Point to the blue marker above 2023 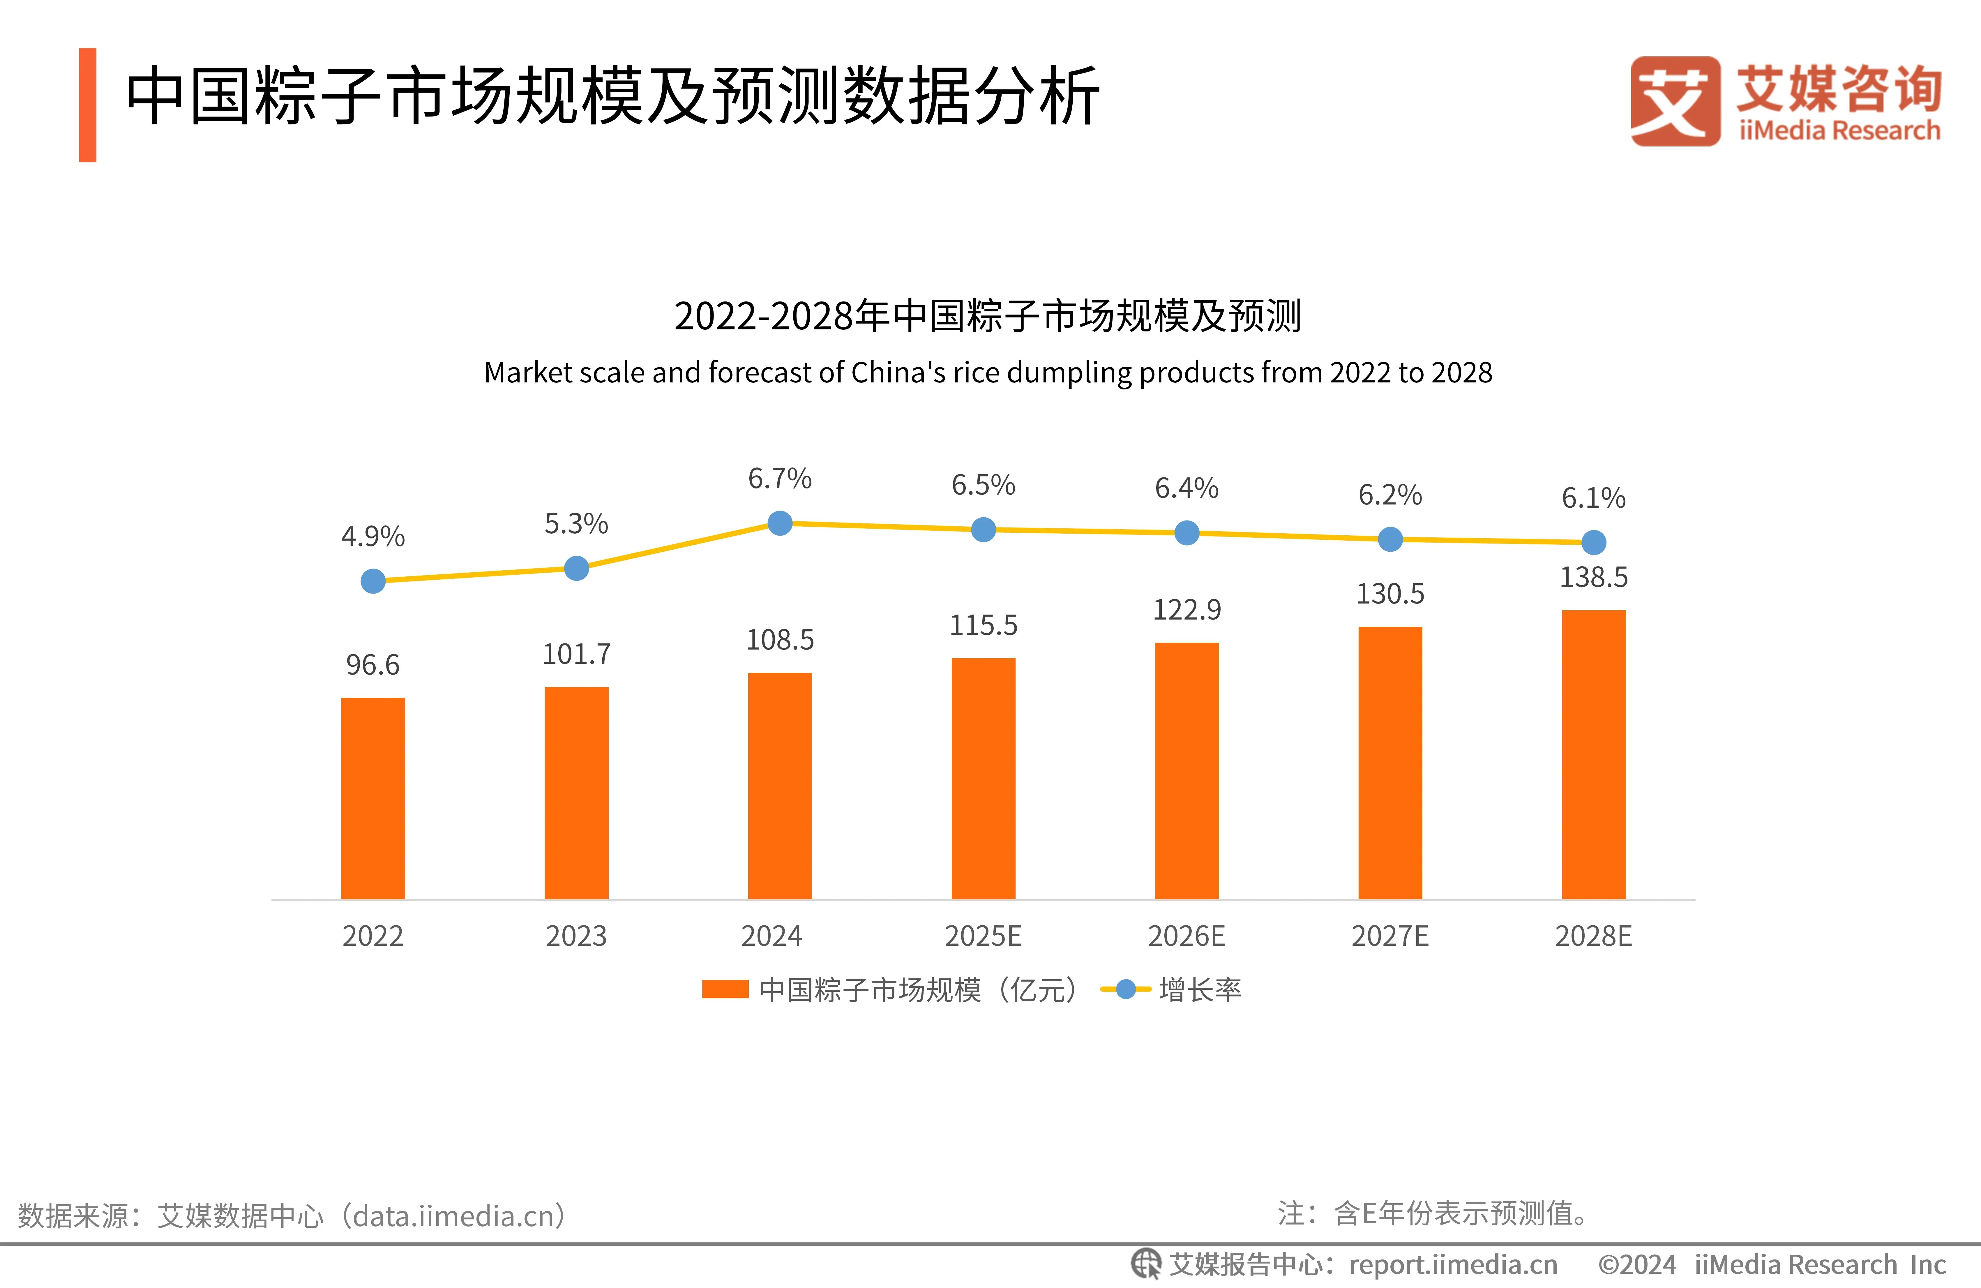(576, 569)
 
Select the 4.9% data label (373, 536)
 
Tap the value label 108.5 (780, 639)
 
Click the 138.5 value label (1593, 577)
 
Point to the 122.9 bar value (1187, 609)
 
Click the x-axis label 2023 (576, 936)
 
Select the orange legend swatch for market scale (725, 989)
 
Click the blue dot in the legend (1125, 989)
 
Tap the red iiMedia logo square (1675, 101)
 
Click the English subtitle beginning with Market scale (988, 372)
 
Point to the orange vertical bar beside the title (87, 105)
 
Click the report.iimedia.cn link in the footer (1452, 1265)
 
